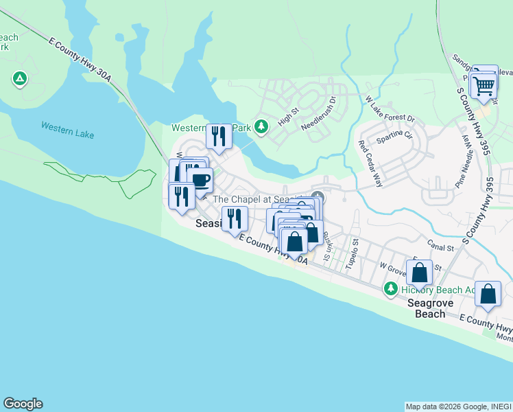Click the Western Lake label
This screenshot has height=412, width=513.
tap(67, 130)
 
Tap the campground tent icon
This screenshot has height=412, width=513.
tap(19, 79)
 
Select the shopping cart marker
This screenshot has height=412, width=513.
tap(484, 87)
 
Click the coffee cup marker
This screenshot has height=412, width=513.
tap(200, 181)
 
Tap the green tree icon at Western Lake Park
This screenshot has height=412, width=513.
tap(261, 126)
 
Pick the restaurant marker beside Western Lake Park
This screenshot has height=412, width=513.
tap(219, 136)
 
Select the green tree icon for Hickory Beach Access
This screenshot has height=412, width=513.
tap(391, 288)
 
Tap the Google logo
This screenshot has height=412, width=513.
tap(23, 404)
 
